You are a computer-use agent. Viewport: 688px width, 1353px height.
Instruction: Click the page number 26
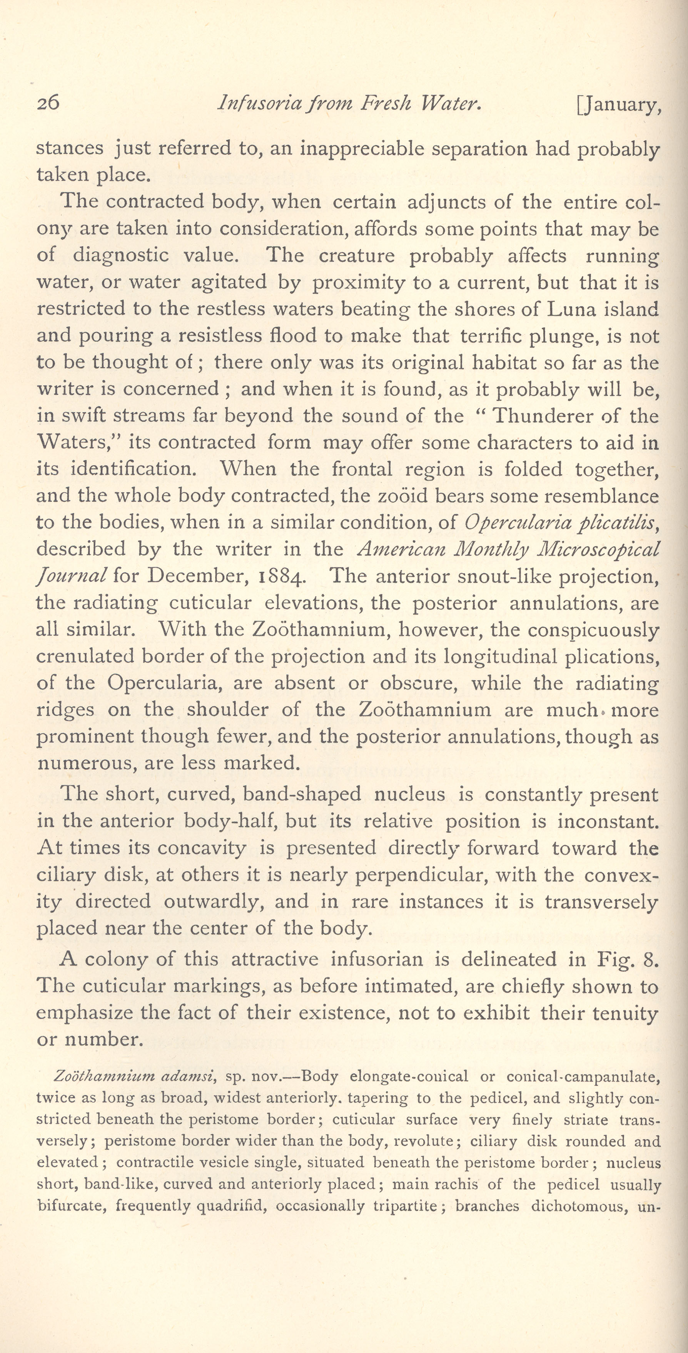point(48,103)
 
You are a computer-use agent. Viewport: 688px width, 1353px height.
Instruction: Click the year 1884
point(283,576)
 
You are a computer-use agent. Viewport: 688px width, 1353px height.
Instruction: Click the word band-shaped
point(302,794)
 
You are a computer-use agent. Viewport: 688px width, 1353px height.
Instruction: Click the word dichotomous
point(580,1205)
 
